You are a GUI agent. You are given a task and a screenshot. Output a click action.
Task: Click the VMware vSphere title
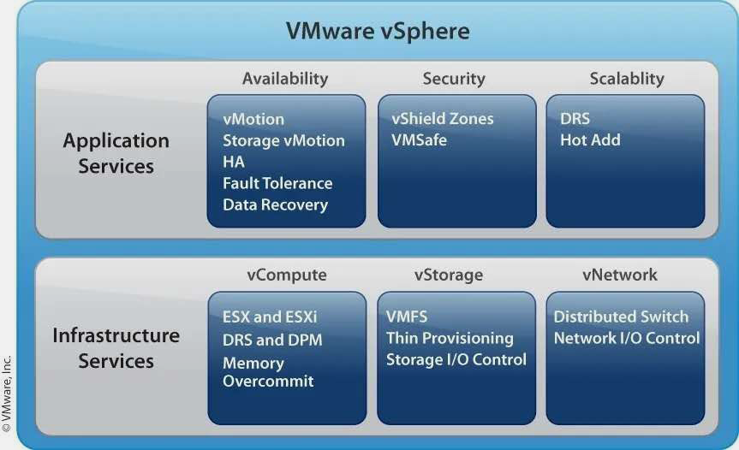pos(378,31)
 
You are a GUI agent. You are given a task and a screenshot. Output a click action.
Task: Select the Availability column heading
pos(285,79)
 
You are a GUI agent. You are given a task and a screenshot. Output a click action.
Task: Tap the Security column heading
pos(454,79)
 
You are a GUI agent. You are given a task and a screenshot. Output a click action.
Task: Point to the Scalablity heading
pos(627,79)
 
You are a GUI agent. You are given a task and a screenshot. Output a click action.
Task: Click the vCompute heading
pos(287,275)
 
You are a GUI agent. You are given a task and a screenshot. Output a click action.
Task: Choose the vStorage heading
pos(449,275)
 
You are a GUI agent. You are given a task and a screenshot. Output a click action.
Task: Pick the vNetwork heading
pos(620,275)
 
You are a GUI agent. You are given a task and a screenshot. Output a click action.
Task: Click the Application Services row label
pos(116,153)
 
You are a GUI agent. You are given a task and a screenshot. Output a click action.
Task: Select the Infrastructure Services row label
pos(116,348)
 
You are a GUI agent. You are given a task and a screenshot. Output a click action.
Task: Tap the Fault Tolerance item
pos(277,183)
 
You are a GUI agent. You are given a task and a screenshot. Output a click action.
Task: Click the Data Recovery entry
pos(275,204)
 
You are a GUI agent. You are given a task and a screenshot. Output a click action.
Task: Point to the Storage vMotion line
pos(283,141)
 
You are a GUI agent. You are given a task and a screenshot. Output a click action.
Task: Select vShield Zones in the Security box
pos(443,119)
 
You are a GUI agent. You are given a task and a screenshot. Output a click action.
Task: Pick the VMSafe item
pos(419,139)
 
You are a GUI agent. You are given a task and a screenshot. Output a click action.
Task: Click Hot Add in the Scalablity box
pos(590,139)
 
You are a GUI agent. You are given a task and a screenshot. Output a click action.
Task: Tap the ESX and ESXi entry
pos(270,317)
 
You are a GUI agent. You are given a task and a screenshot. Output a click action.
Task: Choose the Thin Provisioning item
pos(450,339)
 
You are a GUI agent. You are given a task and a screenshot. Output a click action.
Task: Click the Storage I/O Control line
pos(456,359)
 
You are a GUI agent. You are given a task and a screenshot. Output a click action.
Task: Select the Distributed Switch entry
pos(621,317)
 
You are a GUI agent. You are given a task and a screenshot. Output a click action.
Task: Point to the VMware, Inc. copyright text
pos(7,394)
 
